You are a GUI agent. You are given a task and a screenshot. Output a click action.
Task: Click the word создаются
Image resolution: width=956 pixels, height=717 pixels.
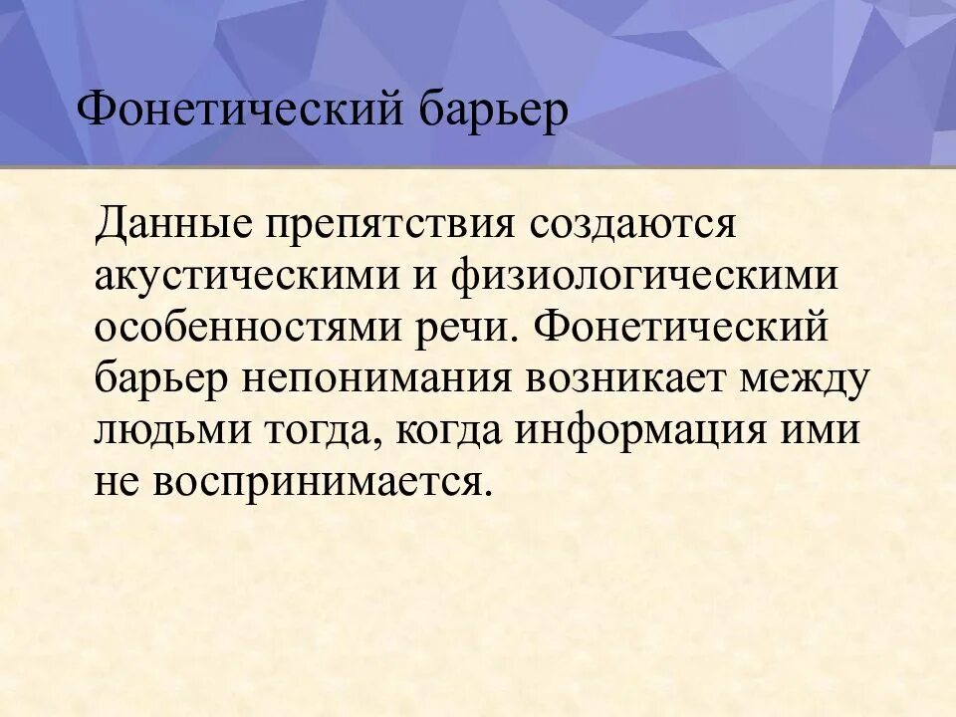point(632,221)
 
